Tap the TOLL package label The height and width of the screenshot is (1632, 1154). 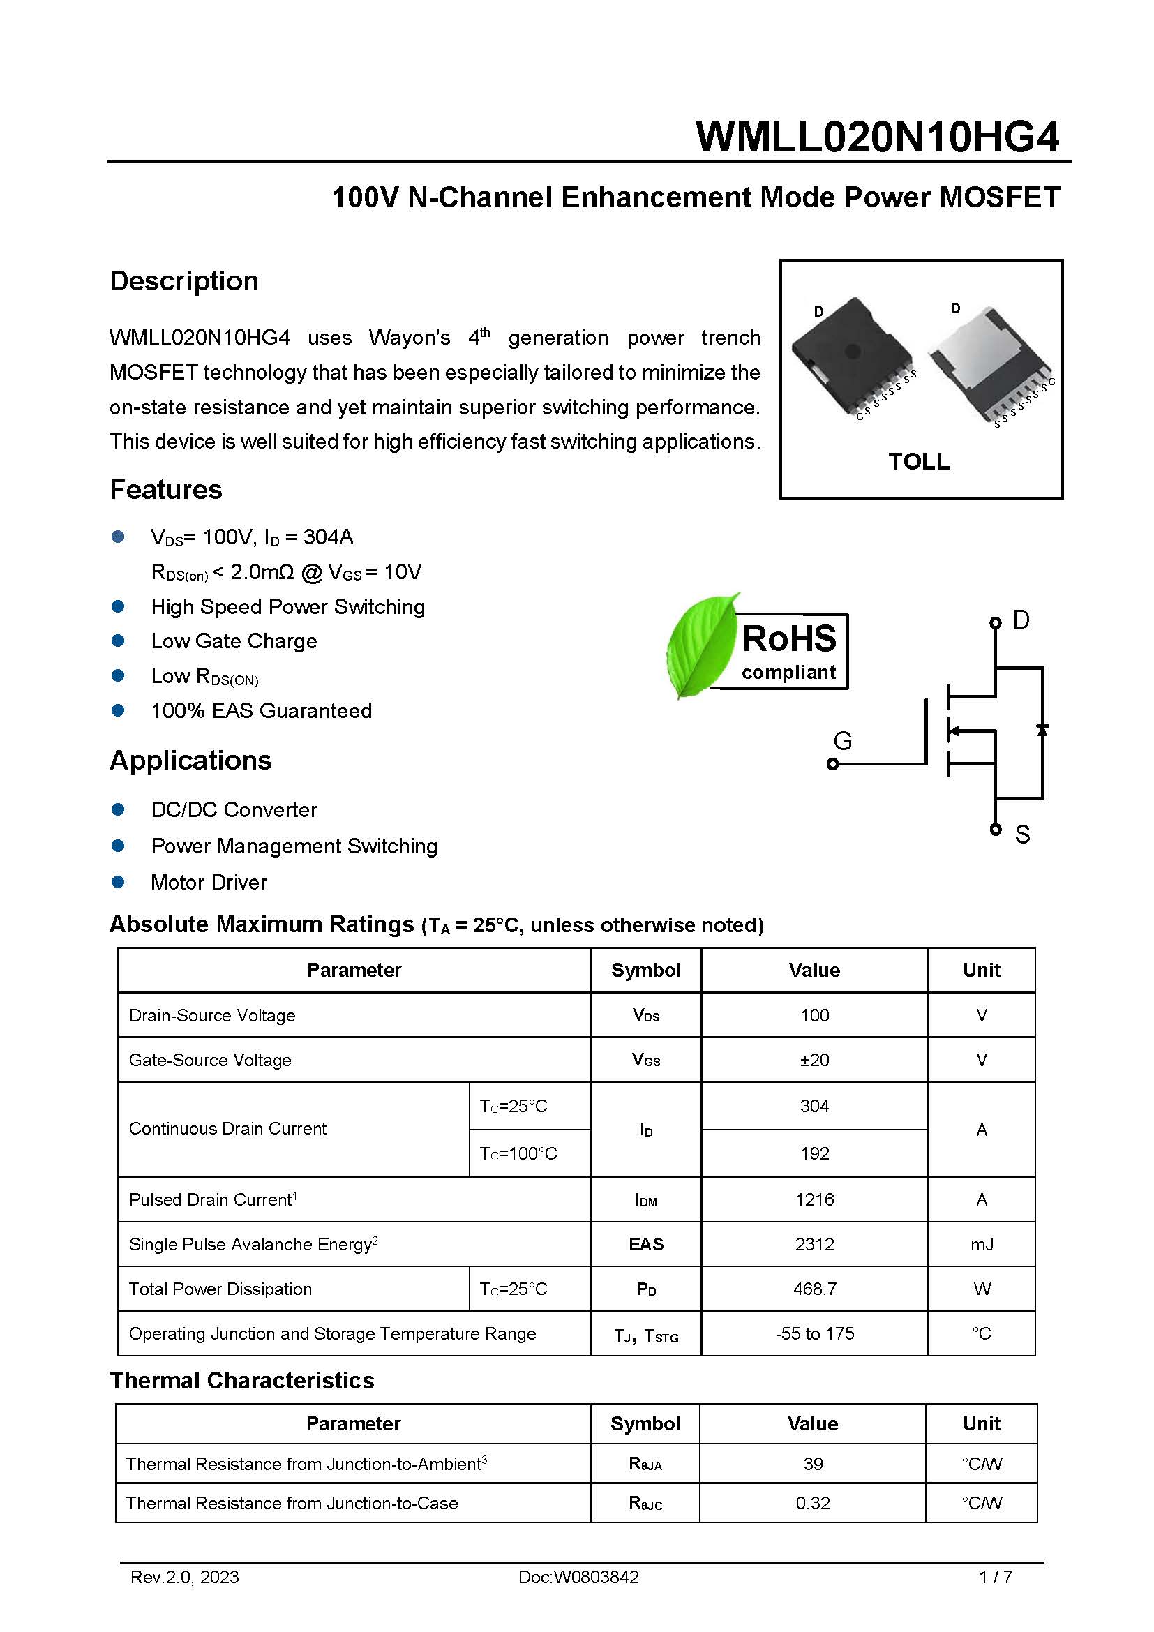pos(918,461)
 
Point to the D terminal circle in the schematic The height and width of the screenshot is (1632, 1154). pos(995,622)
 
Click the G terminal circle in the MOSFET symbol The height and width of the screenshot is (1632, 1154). pos(833,764)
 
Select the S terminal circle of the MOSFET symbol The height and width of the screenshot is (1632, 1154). pos(995,830)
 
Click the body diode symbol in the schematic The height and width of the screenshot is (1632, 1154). pos(1042,730)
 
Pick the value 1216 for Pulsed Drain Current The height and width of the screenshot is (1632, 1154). pos(814,1200)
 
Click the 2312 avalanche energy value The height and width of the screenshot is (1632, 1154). pos(814,1245)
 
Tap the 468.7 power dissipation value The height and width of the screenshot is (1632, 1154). pos(814,1289)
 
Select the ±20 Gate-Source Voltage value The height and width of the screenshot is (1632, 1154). pos(814,1061)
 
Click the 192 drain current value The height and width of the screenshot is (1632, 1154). pos(814,1153)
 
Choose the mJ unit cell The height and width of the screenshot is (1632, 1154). pos(982,1245)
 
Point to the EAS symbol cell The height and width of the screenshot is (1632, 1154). pos(646,1245)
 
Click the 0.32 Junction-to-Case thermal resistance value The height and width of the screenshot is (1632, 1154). pos(812,1504)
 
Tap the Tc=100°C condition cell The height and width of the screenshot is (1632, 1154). pos(518,1153)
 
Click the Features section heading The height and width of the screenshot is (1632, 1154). pos(165,490)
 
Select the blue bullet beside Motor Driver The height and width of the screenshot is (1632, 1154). pos(119,882)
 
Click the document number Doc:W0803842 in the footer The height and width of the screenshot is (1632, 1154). pos(578,1578)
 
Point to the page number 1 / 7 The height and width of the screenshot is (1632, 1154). pos(995,1578)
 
